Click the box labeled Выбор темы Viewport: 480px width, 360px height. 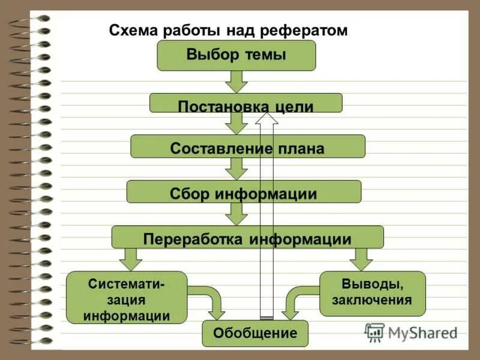click(236, 56)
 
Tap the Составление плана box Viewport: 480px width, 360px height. click(247, 146)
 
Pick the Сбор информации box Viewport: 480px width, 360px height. click(244, 191)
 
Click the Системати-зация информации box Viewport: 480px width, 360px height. click(127, 298)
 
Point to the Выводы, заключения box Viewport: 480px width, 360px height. click(373, 293)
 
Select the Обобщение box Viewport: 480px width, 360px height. click(255, 333)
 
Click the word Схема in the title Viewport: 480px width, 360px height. click(130, 30)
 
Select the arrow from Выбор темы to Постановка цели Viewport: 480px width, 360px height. click(236, 81)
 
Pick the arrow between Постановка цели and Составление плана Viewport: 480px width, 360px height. click(236, 124)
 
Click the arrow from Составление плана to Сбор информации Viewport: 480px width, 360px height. click(238, 169)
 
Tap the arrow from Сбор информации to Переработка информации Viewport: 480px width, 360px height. click(238, 214)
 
